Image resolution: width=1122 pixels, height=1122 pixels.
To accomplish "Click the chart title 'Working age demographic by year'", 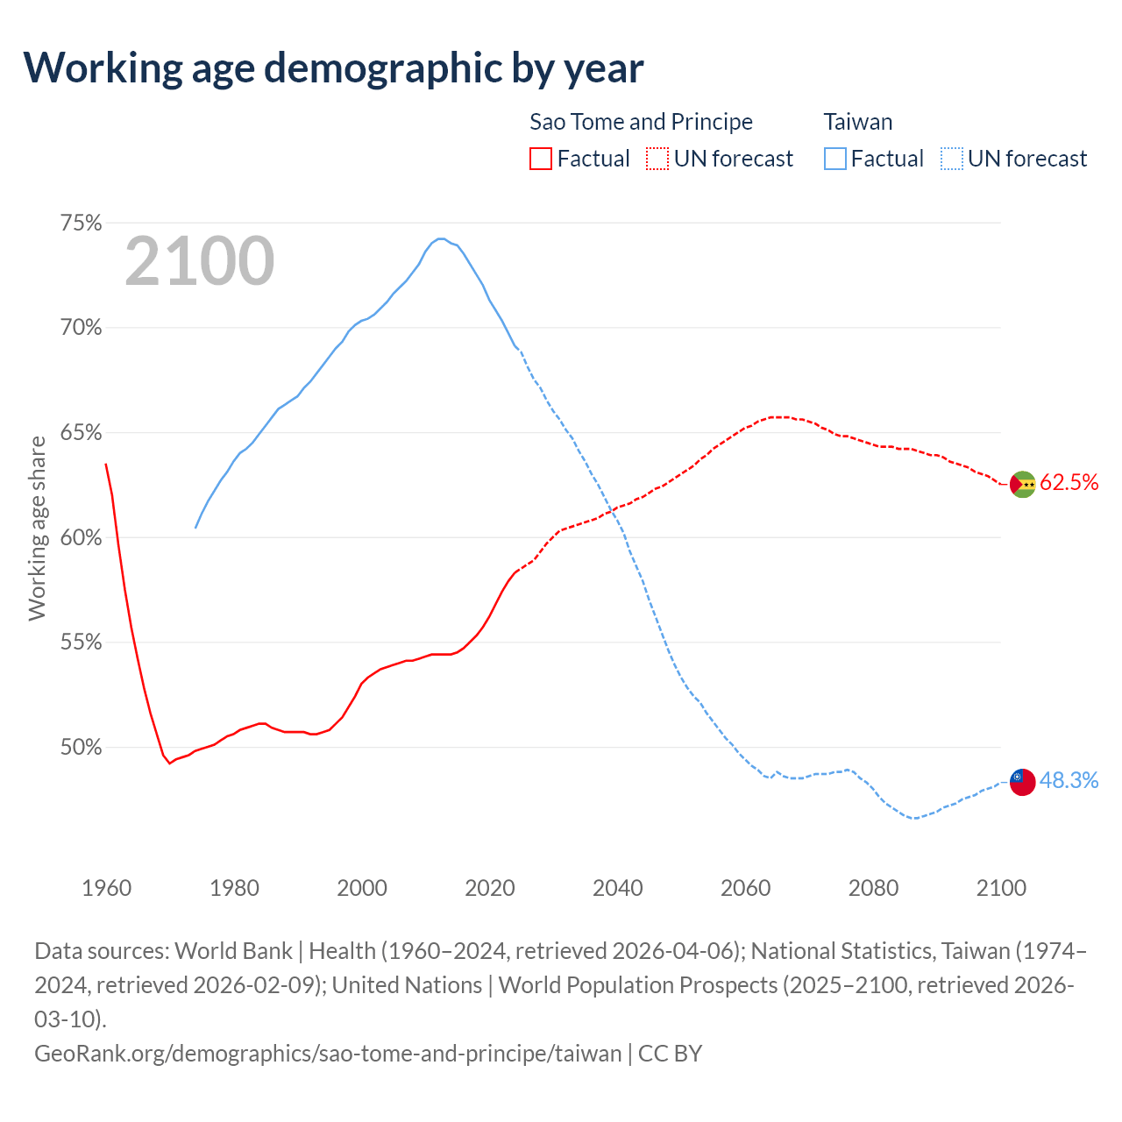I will [x=333, y=68].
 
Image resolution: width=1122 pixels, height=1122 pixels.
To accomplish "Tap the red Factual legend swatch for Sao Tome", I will [x=541, y=159].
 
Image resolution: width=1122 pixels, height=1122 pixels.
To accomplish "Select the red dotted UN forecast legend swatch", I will [x=657, y=159].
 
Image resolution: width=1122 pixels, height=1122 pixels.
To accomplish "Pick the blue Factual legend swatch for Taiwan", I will [x=834, y=159].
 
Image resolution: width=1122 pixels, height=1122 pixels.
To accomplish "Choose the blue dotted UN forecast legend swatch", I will [x=951, y=159].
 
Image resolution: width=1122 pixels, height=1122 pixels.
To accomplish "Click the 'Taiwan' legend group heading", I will [x=857, y=122].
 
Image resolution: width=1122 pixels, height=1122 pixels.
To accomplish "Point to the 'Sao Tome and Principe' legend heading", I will [x=641, y=122].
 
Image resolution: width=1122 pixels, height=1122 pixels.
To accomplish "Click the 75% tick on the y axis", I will [x=81, y=224].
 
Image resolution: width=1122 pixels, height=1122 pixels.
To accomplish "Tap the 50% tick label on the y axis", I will [x=81, y=748].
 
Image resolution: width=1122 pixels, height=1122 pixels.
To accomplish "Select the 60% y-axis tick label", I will [x=81, y=537].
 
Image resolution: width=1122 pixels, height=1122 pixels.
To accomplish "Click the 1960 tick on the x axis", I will [x=106, y=888].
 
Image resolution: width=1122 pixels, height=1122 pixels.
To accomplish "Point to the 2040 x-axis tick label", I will [x=617, y=888].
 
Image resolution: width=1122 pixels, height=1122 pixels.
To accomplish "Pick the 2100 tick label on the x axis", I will [x=1001, y=888].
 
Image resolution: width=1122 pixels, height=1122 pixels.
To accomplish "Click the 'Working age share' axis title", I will [x=37, y=529].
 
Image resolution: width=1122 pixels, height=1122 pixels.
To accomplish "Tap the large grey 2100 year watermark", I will [x=200, y=261].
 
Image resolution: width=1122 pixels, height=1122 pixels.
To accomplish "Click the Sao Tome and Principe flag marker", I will [x=1023, y=484].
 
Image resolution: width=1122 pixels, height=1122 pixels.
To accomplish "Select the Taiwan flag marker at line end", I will [x=1023, y=782].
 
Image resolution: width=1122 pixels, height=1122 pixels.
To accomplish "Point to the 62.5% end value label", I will [x=1069, y=482].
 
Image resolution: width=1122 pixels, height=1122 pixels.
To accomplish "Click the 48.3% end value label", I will [x=1069, y=780].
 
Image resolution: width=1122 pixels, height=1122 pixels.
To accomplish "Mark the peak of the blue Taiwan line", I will [x=441, y=238].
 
